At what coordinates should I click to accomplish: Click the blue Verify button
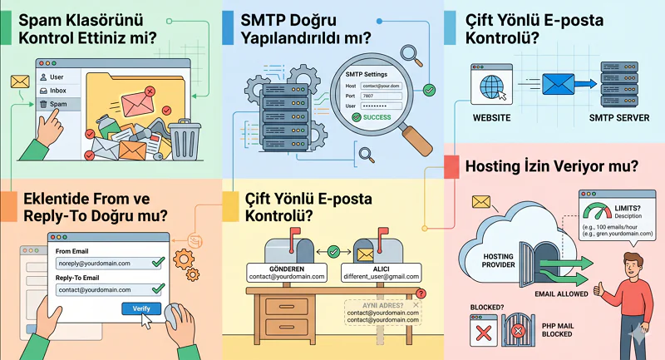point(141,308)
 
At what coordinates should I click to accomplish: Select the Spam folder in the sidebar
point(58,104)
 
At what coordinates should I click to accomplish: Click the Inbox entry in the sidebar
point(57,90)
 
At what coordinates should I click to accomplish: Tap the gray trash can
point(184,139)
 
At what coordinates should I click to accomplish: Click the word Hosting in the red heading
point(496,166)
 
